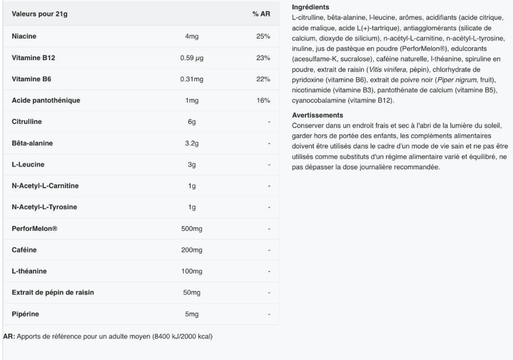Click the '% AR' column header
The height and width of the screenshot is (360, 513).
pos(260,13)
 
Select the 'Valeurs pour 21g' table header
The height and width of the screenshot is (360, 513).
pos(39,13)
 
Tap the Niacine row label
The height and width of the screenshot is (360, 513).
pos(24,36)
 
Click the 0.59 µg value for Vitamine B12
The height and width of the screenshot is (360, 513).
pos(191,58)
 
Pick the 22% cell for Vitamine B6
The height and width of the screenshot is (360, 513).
pos(263,79)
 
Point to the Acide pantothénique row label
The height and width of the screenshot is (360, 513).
pos(46,101)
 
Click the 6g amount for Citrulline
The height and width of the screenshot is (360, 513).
pos(191,122)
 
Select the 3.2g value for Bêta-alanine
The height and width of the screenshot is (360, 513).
pos(191,143)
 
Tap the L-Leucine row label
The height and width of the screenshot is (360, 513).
pos(28,164)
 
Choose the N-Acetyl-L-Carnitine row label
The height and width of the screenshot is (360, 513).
pos(45,186)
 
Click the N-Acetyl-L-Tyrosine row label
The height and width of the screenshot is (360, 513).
pos(44,207)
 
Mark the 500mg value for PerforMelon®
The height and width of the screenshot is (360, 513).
pos(191,229)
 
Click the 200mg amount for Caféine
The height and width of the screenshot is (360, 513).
pos(191,250)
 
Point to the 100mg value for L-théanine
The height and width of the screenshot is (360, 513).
pos(191,271)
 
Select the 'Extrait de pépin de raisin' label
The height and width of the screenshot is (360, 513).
pos(53,292)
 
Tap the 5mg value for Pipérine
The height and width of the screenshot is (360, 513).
pos(191,314)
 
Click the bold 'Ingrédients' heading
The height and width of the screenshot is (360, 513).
pos(308,6)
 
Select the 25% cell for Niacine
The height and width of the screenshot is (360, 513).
pos(263,36)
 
